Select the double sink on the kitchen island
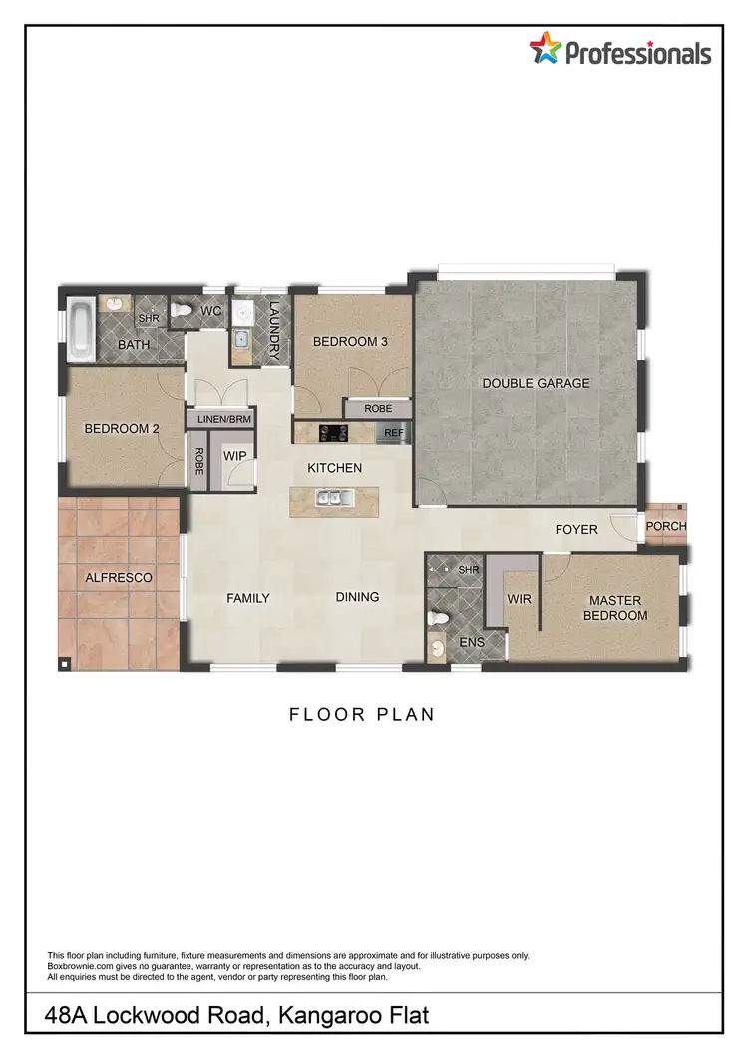tap(328, 497)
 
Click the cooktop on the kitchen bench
tap(332, 433)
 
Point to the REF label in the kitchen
tap(393, 433)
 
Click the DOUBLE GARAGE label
tap(536, 383)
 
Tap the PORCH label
tap(666, 526)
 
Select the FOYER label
tap(576, 529)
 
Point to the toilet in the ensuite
tap(437, 618)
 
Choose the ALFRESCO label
tap(119, 577)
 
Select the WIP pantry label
tap(234, 455)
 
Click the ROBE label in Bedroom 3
tap(377, 409)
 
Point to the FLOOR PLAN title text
tap(362, 714)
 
